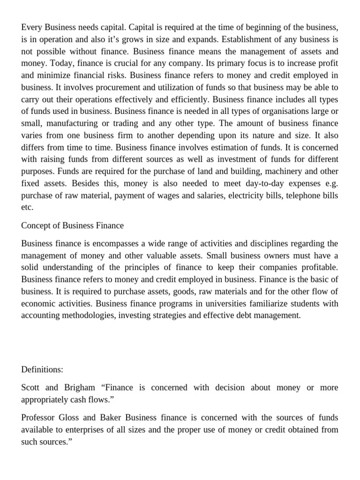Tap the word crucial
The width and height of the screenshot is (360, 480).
123,64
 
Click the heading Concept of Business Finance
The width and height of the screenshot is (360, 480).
72,225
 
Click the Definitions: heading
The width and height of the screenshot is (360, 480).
42,369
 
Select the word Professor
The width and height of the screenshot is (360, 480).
38,418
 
